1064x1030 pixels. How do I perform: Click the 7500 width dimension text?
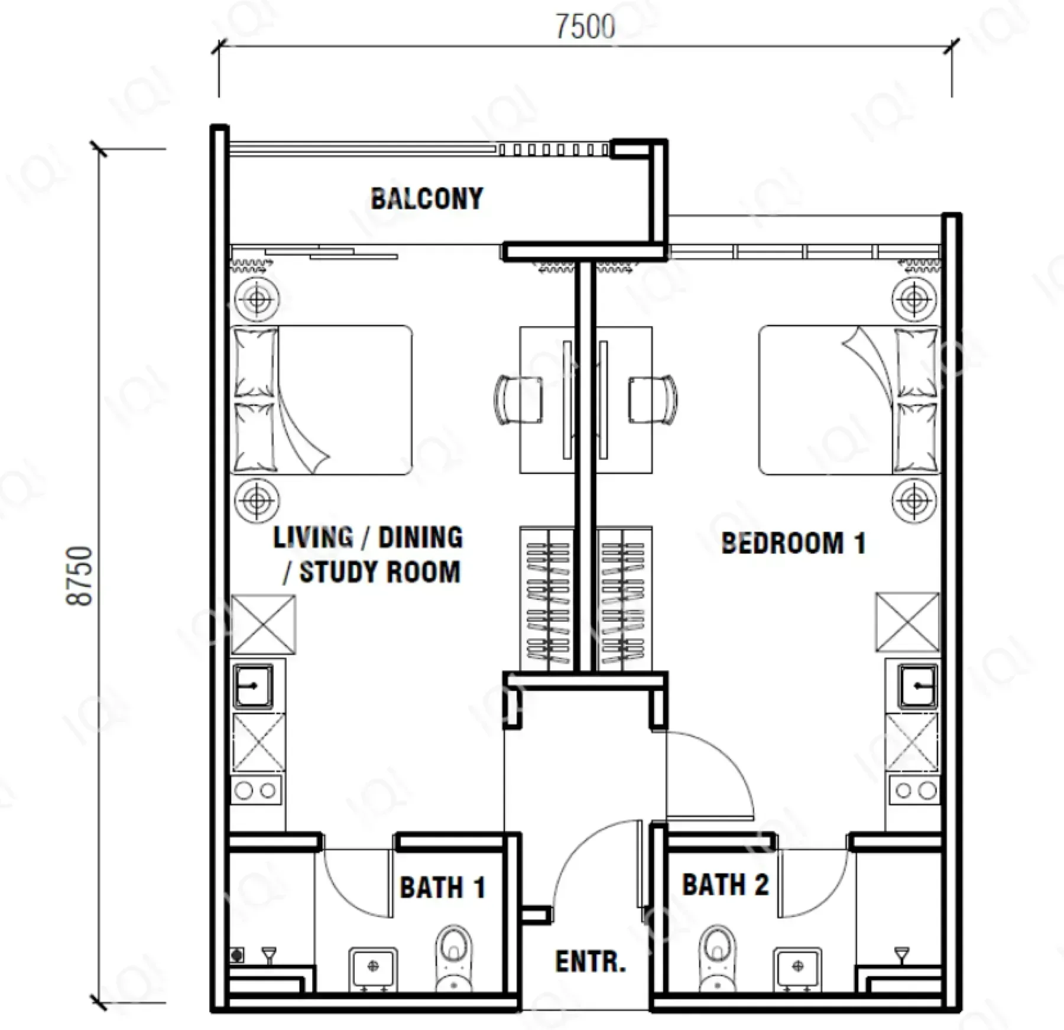click(585, 27)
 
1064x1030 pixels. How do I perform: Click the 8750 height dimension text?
click(79, 576)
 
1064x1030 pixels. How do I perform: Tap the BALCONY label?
click(427, 199)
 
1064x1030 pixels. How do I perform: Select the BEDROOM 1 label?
click(793, 543)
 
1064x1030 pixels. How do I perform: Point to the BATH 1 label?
click(443, 887)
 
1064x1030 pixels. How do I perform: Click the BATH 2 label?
click(725, 885)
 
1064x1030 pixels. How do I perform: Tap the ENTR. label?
click(590, 961)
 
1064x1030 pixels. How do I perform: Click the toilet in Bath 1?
click(454, 958)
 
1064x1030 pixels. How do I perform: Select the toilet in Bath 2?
click(716, 958)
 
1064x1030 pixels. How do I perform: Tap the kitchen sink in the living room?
click(253, 686)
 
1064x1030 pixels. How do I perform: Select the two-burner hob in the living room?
click(257, 790)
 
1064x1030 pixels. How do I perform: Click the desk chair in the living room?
click(518, 399)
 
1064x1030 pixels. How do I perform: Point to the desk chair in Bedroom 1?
click(653, 399)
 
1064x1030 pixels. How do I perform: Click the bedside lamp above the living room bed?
click(257, 299)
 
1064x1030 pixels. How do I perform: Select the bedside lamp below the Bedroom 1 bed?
click(914, 501)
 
